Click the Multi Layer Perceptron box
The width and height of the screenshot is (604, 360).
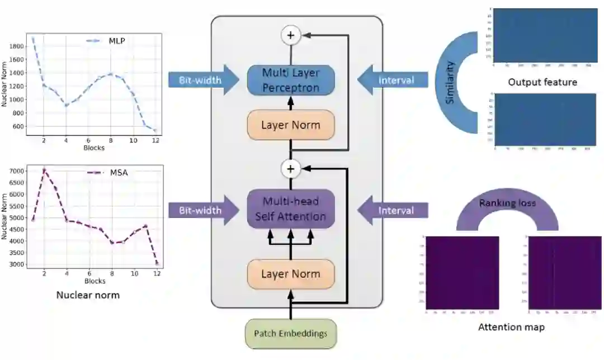point(291,80)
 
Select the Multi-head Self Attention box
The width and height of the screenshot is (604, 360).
point(291,209)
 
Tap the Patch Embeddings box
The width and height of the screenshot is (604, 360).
point(291,334)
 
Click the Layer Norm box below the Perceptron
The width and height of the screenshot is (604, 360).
point(291,125)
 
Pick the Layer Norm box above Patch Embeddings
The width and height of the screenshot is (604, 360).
point(291,274)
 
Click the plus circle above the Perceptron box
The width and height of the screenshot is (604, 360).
point(290,35)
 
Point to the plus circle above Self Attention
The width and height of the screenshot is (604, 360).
point(290,168)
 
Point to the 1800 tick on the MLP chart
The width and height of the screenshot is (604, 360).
point(16,46)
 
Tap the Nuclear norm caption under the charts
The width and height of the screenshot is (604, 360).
point(88,295)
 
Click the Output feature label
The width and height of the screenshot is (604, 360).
point(542,82)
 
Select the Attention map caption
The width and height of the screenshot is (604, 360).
point(511,327)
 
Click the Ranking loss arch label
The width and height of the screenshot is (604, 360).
point(507,203)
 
